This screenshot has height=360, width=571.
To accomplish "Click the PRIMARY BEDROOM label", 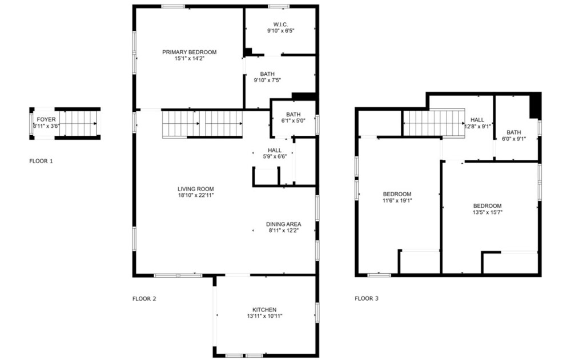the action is click(190, 52).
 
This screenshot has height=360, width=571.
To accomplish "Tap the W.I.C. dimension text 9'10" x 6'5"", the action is click(280, 31).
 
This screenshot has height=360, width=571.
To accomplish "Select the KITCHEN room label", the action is click(264, 310).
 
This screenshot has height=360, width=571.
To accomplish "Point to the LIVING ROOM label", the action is click(195, 189).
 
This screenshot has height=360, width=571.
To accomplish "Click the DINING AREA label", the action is click(283, 224).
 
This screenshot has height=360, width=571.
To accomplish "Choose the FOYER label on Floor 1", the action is click(46, 119).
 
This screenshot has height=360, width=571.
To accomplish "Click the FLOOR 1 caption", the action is click(41, 161).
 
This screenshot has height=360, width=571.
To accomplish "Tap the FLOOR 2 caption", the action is click(144, 299).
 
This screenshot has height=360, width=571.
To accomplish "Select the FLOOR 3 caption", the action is click(367, 298).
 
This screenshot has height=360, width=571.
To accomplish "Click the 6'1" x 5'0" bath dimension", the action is click(293, 120).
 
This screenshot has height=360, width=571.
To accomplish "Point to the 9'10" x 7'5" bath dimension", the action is click(267, 80).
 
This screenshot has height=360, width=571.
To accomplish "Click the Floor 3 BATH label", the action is click(513, 132).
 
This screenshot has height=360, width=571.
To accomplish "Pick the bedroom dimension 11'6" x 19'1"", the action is click(397, 200).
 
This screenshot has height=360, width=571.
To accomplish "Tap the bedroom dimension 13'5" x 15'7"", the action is click(487, 212).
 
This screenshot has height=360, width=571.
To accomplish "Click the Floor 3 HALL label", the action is click(477, 120).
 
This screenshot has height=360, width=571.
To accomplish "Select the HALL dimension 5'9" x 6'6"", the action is click(275, 156).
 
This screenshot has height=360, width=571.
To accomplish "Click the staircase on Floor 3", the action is click(434, 123).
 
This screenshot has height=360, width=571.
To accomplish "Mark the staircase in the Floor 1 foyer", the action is click(78, 123).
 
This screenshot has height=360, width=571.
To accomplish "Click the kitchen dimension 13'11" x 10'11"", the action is click(264, 316).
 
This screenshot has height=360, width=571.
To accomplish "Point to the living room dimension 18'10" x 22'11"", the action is click(195, 195).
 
